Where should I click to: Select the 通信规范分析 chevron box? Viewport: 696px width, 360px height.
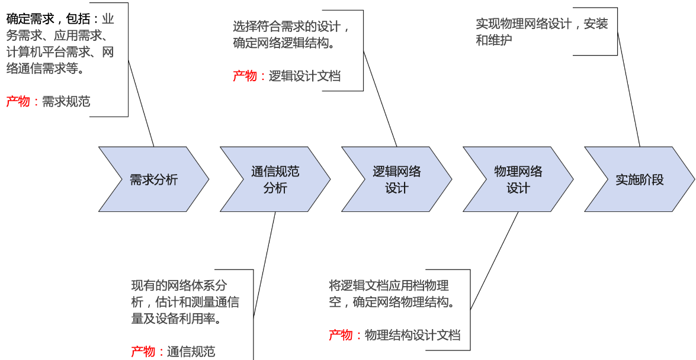point(275,179)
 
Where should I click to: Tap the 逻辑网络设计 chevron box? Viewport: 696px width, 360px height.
point(396,179)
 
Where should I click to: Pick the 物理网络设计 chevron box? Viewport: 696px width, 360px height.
point(518,179)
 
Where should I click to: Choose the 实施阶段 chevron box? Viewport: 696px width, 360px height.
point(639,179)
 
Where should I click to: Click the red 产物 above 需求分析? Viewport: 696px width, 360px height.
point(18,101)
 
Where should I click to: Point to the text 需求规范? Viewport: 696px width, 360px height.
point(66,101)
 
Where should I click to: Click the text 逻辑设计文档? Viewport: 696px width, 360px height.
point(304,76)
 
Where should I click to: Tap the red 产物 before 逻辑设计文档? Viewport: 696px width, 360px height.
point(245,76)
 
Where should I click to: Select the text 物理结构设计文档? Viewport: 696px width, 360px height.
point(412,335)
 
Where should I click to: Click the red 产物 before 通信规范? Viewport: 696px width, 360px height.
point(143,352)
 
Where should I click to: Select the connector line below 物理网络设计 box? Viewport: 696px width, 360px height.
point(495,261)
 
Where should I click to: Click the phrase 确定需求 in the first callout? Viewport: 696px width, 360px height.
point(30,18)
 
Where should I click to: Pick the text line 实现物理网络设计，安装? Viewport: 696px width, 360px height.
point(542,24)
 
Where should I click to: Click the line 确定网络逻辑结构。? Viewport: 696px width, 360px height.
point(284,43)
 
